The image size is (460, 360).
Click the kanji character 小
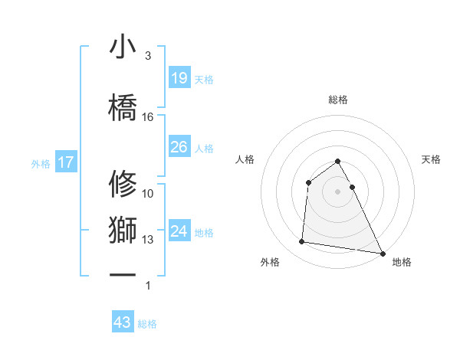(x=123, y=47)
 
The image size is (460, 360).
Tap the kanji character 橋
(x=123, y=103)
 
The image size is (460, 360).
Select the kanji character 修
(x=123, y=183)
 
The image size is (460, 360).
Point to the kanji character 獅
(x=123, y=231)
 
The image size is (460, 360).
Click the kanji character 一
(x=123, y=273)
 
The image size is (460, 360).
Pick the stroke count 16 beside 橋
(x=148, y=117)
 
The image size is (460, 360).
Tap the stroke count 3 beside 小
(x=148, y=56)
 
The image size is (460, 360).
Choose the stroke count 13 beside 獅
(x=148, y=240)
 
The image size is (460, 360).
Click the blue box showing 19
(x=179, y=78)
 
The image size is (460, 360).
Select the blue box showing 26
(x=179, y=147)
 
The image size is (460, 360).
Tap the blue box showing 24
(x=179, y=231)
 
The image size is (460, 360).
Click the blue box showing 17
(x=65, y=162)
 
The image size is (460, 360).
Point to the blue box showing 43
(x=123, y=322)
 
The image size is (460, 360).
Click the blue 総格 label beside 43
(x=147, y=324)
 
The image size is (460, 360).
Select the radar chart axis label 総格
(x=338, y=100)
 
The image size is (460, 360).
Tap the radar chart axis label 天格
(x=432, y=159)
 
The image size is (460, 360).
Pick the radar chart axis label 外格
(x=270, y=262)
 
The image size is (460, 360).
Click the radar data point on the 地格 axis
(x=382, y=253)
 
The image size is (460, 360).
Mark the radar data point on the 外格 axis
(x=302, y=242)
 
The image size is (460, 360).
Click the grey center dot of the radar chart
(x=338, y=191)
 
